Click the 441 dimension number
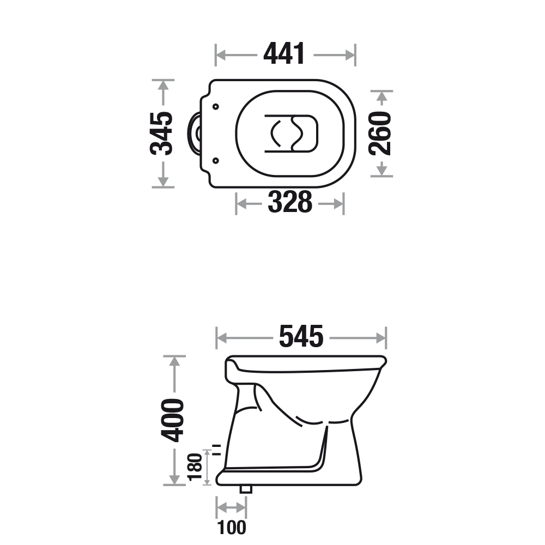click(x=284, y=54)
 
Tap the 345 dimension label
click(x=161, y=134)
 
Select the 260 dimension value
click(x=380, y=134)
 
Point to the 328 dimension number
click(x=290, y=202)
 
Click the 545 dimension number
click(x=301, y=336)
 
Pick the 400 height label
click(x=172, y=420)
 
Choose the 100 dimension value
click(x=232, y=527)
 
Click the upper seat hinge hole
click(x=215, y=107)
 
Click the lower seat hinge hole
click(x=215, y=161)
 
